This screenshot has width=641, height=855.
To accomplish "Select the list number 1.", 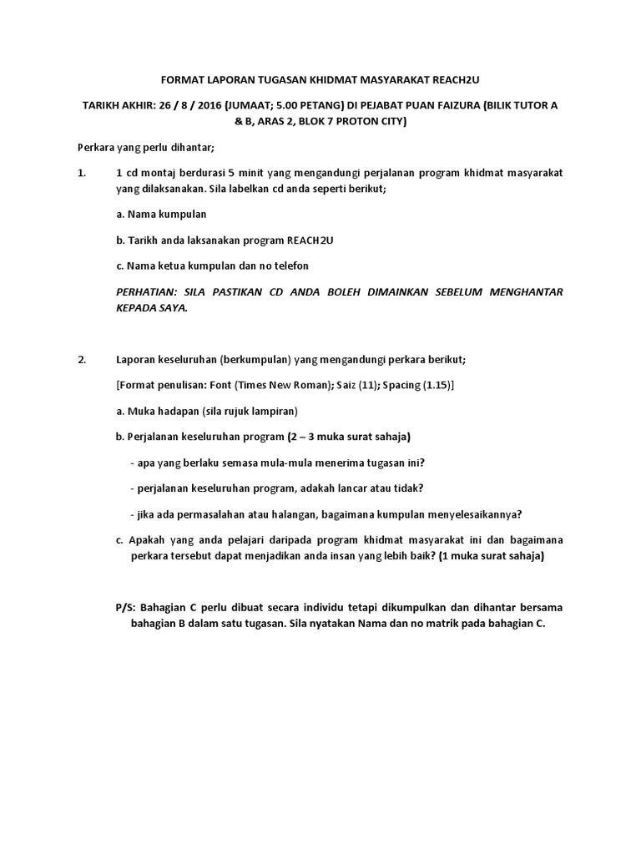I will click(81, 174).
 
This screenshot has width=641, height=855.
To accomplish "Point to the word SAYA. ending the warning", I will click(172, 307).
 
